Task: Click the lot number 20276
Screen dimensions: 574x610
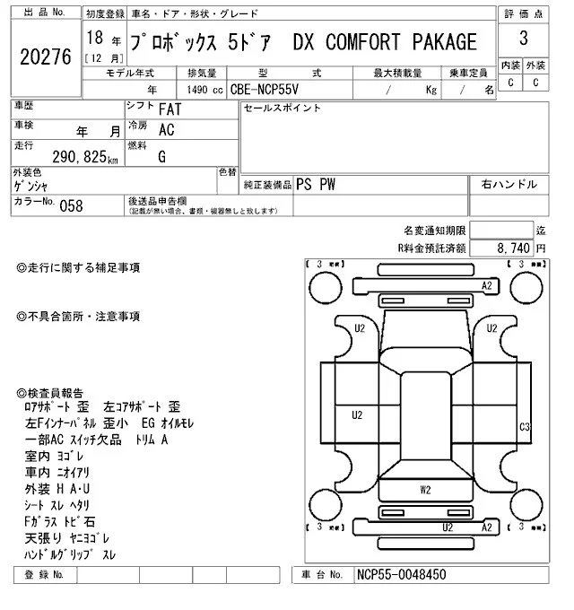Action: click(45, 57)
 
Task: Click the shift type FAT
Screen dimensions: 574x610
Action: click(168, 109)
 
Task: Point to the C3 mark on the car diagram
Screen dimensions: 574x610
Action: click(526, 426)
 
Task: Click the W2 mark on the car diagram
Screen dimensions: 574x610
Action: click(425, 490)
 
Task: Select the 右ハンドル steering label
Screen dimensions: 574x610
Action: click(509, 184)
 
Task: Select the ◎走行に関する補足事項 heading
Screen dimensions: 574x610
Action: click(79, 267)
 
